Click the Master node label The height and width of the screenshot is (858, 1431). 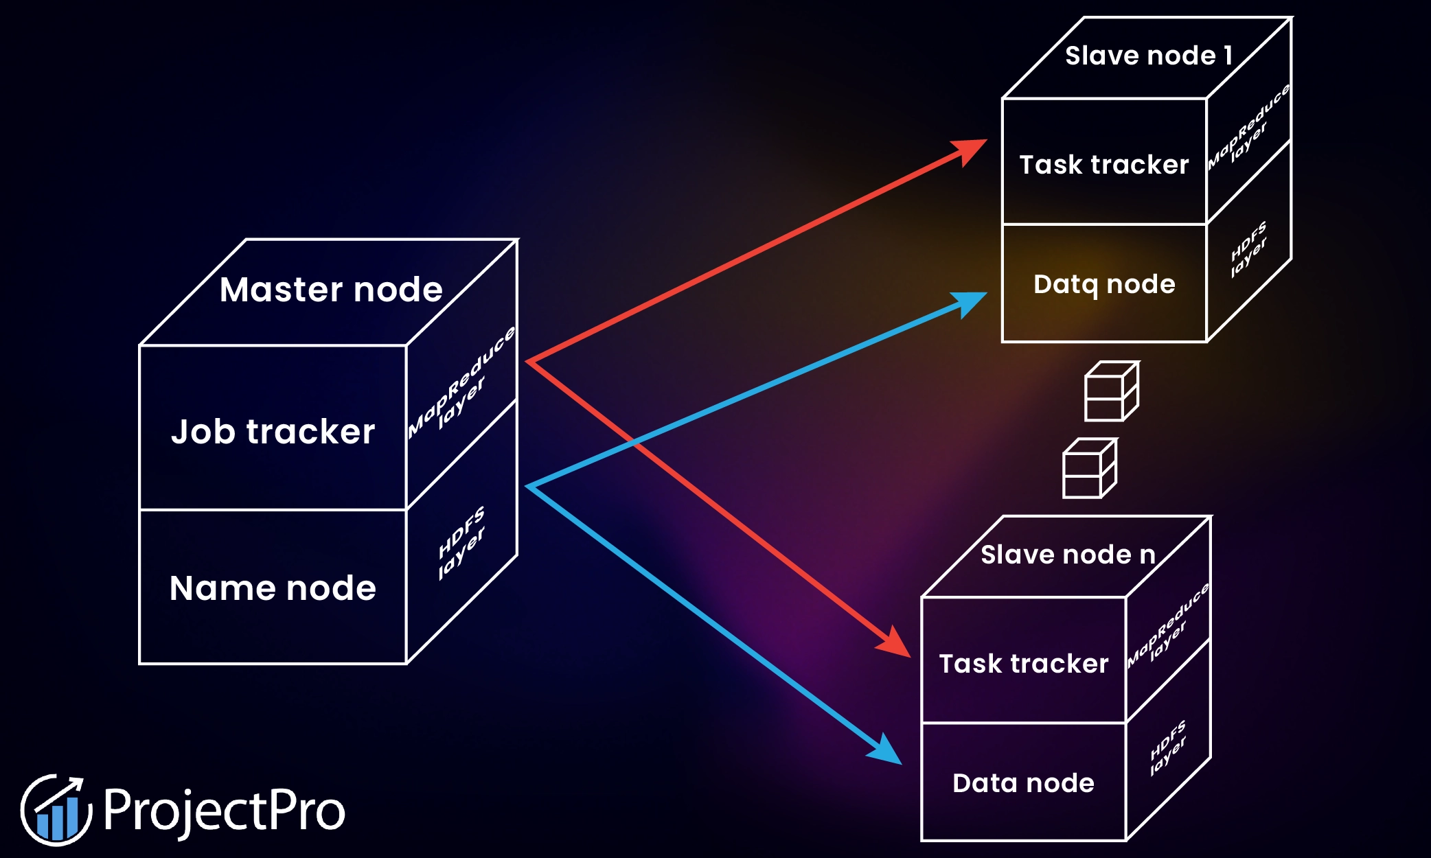pos(331,290)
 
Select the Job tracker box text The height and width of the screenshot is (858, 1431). pos(273,432)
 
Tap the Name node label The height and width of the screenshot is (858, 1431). pos(273,588)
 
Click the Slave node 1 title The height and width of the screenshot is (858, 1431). pos(1148,56)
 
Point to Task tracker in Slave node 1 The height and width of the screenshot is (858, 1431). pos(1103,165)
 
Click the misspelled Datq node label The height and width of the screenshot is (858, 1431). pos(1104,284)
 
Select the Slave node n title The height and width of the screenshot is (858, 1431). pos(1068,555)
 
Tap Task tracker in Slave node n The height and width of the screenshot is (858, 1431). pos(1023,664)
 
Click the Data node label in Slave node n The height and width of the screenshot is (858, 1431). pos(1023,783)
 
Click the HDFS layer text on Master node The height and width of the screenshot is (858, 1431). pos(461,542)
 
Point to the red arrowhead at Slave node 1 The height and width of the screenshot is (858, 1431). pos(972,150)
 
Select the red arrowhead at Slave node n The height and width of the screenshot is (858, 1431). pos(896,644)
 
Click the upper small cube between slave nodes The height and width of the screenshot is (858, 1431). pos(1110,392)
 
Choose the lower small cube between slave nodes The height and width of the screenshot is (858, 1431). pos(1088,469)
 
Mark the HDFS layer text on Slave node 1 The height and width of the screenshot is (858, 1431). pos(1248,249)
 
